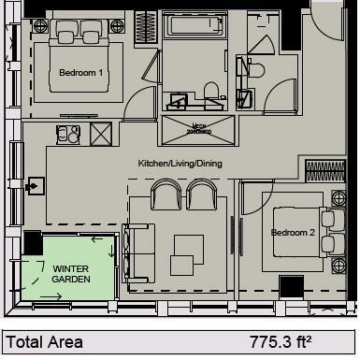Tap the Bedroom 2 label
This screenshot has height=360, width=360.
pos(291,232)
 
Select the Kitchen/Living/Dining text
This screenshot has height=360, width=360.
pos(180,163)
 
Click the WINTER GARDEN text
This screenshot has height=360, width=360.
pos(70,273)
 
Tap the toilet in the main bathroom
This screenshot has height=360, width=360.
pos(212,91)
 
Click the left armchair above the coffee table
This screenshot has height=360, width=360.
pos(166,195)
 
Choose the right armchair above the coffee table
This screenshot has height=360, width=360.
pos(202,195)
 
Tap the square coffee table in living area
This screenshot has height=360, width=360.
pos(188,248)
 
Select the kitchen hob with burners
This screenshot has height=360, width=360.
pos(65,136)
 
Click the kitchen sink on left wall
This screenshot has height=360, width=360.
pos(36,187)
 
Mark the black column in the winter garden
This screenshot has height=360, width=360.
pos(32,245)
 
